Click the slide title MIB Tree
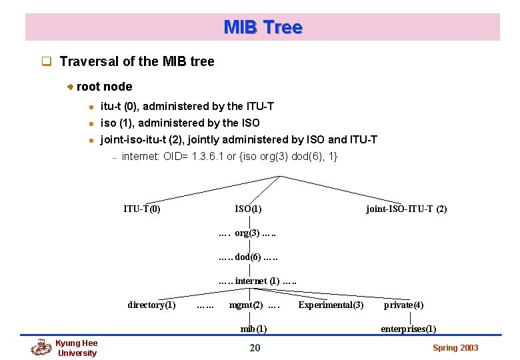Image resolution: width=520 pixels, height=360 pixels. point(263,27)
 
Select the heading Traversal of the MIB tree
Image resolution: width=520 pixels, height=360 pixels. point(137,62)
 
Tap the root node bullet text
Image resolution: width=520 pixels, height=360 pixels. point(104,87)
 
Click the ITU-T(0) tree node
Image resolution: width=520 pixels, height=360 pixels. point(141,209)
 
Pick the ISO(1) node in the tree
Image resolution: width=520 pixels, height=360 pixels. point(248,209)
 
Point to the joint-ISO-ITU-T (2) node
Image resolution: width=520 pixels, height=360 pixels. point(406,209)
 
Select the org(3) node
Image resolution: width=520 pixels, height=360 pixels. point(247,233)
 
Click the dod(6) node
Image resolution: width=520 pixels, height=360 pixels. point(247,257)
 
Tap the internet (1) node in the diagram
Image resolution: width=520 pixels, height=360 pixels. point(257,281)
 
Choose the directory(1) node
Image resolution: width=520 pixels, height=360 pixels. point(151,305)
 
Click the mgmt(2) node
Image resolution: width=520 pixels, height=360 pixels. point(245,305)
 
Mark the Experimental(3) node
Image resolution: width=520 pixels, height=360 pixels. point(331,305)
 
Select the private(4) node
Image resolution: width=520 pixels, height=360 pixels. point(403,305)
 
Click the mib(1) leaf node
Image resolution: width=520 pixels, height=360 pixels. point(253,329)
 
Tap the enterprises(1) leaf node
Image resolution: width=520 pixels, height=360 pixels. point(408,329)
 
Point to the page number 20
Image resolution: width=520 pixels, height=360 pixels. point(255,347)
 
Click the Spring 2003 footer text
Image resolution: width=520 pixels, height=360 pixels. point(455,348)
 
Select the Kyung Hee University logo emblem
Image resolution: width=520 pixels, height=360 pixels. point(41,347)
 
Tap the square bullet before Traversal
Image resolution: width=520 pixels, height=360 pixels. point(47,62)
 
